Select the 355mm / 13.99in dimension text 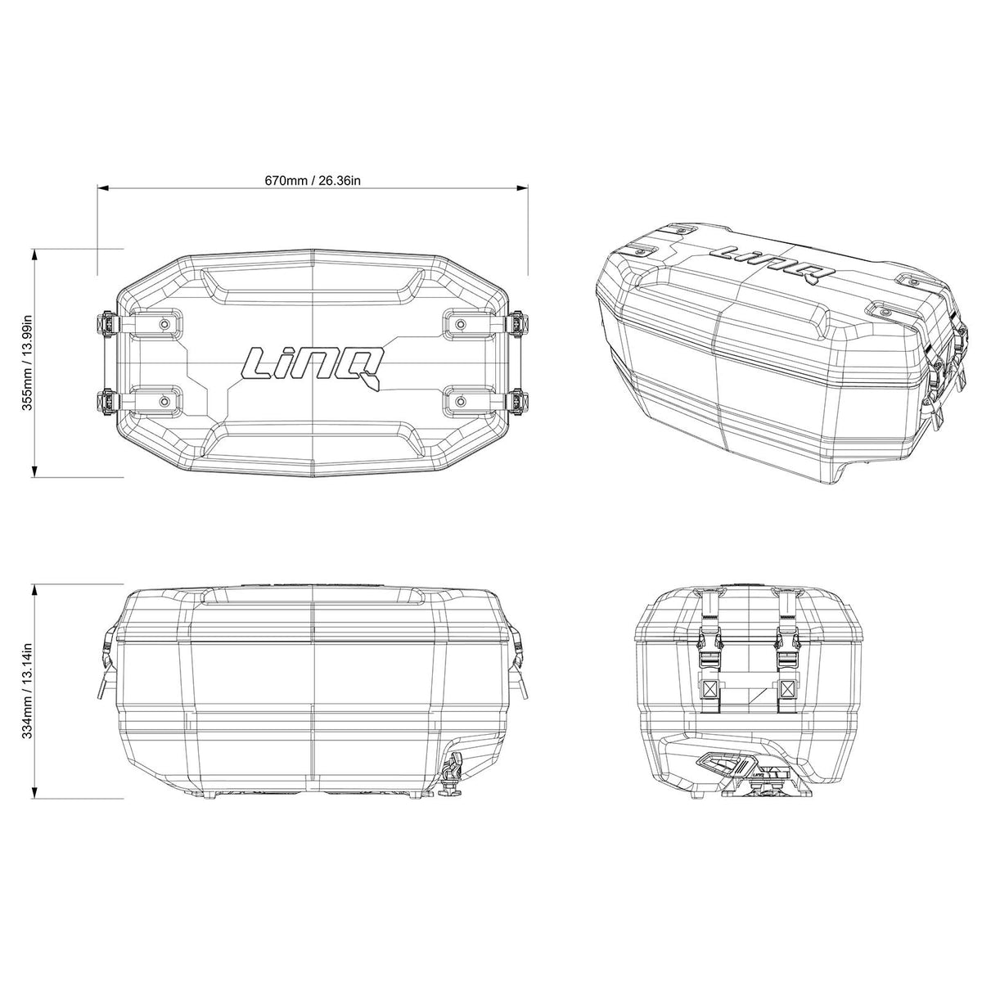(x=26, y=362)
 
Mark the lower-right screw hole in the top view (x=461, y=401)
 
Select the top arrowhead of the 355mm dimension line (x=35, y=255)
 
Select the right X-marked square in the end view (x=787, y=687)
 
